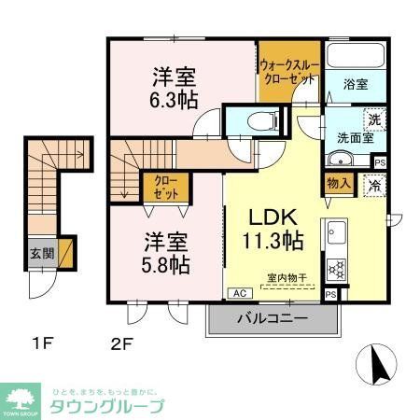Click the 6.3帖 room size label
click(x=170, y=93)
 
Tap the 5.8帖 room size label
click(x=167, y=264)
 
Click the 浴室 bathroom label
click(x=355, y=84)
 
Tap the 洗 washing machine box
click(x=373, y=119)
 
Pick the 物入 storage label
click(x=337, y=184)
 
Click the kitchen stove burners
click(x=335, y=269)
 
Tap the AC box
click(x=239, y=292)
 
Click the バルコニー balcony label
click(x=272, y=318)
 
